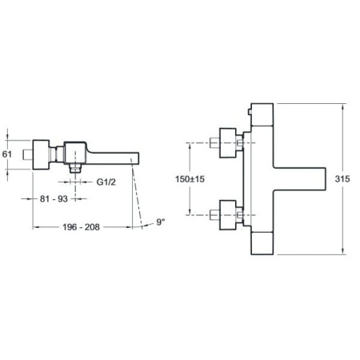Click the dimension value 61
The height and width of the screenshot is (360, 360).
pos(7,154)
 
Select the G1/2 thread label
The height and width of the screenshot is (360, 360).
pos(106,182)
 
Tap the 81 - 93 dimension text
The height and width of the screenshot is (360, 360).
pos(54,198)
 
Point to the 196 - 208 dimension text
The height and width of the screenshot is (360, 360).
pos(81,227)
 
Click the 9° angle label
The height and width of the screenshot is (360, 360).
pos(161,222)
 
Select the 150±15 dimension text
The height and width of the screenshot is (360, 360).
pos(190,179)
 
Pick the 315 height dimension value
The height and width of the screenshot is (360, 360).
pos(342,178)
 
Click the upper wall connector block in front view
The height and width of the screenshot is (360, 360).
pos(228,143)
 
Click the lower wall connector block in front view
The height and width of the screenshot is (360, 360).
pos(228,215)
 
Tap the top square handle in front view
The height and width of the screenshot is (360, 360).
pos(262,114)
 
